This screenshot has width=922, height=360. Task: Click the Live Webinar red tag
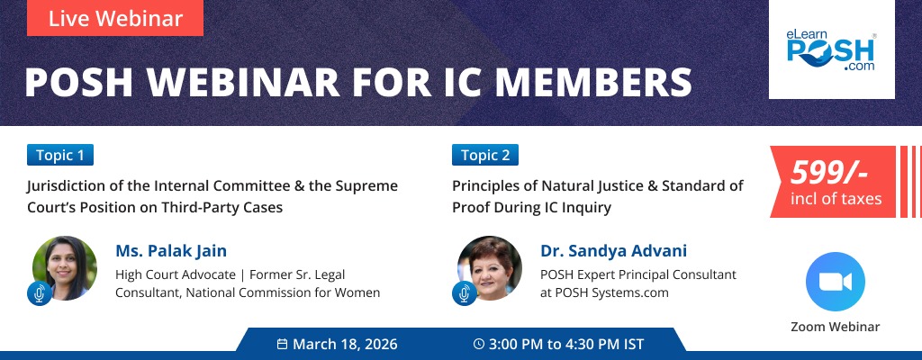115,18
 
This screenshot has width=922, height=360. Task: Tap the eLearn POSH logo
831,50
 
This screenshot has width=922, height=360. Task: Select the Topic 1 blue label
60,155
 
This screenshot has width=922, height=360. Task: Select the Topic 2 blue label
485,155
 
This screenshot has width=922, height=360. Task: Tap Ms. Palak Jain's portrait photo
65,267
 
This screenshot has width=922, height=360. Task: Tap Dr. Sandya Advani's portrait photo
490,267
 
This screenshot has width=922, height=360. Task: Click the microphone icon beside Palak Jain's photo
38,293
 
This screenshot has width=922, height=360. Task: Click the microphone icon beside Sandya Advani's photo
463,293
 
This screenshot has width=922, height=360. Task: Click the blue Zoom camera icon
836,282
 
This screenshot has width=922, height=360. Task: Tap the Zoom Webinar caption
836,327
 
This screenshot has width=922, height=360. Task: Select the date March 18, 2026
345,344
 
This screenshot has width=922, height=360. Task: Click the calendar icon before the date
282,344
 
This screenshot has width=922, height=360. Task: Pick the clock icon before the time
478,344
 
